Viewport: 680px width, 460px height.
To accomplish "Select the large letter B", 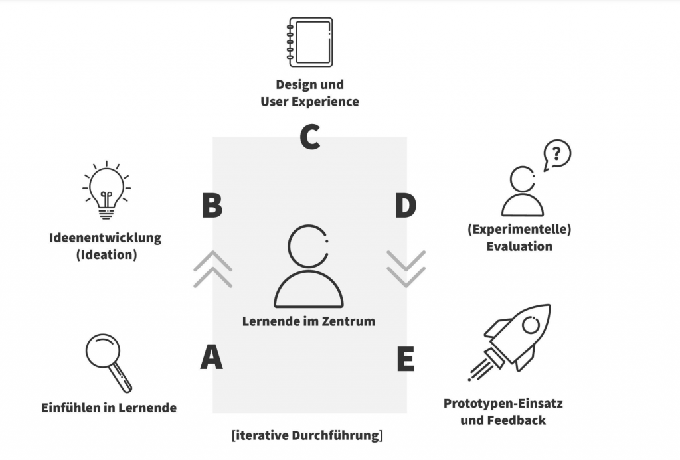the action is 212,205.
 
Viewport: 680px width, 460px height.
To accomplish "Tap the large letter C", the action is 310,137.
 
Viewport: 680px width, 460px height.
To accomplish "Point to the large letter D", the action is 406,206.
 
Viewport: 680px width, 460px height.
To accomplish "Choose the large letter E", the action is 406,359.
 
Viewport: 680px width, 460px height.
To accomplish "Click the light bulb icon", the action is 106,190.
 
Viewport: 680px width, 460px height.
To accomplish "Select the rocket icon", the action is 510,343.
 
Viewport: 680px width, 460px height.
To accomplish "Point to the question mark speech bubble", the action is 557,155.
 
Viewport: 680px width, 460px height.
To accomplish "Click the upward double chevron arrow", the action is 212,269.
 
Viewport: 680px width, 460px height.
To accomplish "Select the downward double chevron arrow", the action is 406,269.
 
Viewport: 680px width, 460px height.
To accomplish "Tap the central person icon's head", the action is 288,247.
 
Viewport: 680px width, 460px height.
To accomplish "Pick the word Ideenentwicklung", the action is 106,238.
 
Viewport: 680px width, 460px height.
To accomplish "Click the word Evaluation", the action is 519,246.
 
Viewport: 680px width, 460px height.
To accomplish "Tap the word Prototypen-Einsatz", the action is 503,403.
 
